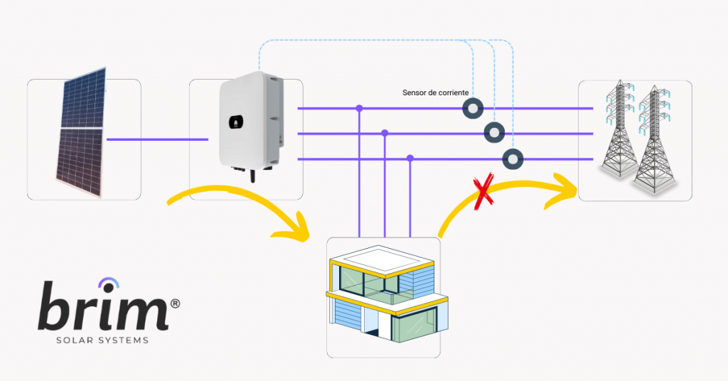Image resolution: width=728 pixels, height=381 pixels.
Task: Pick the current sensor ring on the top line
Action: coord(473,108)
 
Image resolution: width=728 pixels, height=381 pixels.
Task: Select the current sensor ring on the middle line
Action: coord(493,133)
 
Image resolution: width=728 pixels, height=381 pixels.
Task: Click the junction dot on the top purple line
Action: coord(359,108)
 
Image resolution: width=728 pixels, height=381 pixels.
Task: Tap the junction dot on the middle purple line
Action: coord(385,133)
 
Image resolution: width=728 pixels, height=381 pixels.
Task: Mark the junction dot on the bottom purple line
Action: coord(410,159)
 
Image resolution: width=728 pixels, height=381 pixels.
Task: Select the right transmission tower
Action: coord(654,142)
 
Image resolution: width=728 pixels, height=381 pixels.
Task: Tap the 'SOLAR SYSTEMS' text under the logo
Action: coord(102,340)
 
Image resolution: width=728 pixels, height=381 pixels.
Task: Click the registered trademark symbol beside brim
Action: coord(175,303)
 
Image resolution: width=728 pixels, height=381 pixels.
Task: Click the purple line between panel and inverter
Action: coord(157,139)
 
